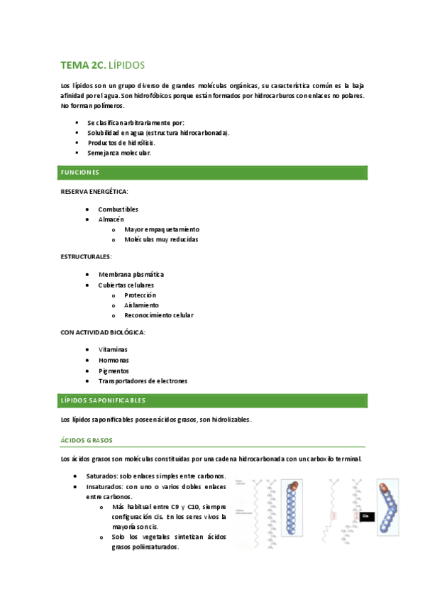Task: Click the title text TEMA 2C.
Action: [83, 65]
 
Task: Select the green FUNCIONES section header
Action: [79, 173]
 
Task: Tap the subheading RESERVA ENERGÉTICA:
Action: [94, 192]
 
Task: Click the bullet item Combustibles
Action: [118, 209]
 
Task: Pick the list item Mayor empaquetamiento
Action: [161, 229]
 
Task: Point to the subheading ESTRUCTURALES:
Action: [86, 256]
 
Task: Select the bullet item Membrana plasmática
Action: [131, 274]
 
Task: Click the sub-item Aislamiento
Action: [141, 305]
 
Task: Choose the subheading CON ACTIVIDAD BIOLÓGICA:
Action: [104, 332]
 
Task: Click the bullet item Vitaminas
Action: [113, 350]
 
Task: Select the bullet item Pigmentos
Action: [114, 371]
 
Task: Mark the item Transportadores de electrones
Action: [143, 381]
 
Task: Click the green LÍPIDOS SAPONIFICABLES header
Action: [103, 400]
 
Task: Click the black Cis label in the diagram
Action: [366, 516]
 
